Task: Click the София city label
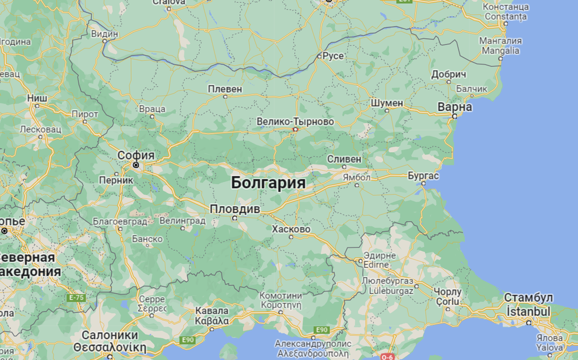(x=136, y=155)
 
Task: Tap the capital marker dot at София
(x=136, y=165)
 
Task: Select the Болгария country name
(x=268, y=183)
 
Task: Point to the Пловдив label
(x=235, y=209)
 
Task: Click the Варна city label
(x=455, y=107)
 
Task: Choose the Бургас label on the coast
(x=423, y=176)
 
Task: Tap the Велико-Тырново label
(x=295, y=121)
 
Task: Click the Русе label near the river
(x=333, y=56)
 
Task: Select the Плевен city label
(x=225, y=89)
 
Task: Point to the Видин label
(x=105, y=34)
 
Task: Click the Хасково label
(x=291, y=229)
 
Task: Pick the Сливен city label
(x=344, y=159)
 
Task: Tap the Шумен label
(x=387, y=103)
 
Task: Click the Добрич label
(x=449, y=75)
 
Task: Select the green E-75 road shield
(x=77, y=298)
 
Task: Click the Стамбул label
(x=528, y=297)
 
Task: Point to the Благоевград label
(x=120, y=221)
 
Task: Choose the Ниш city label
(x=37, y=98)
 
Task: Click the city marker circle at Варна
(x=454, y=116)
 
